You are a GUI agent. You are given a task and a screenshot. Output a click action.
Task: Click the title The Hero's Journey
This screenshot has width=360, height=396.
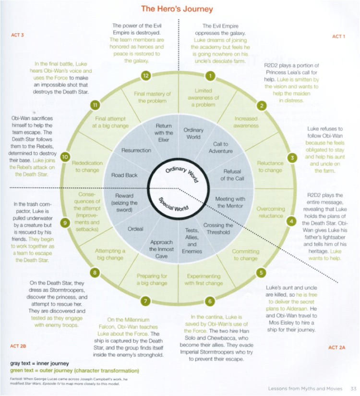(177, 9)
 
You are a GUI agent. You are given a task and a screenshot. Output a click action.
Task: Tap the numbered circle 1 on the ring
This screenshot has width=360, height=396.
(210, 75)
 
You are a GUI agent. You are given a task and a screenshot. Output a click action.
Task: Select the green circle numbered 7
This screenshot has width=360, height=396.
(145, 301)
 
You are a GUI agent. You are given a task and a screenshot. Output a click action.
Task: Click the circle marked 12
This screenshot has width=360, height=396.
(146, 75)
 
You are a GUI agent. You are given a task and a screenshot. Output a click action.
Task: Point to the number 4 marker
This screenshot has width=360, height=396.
(291, 222)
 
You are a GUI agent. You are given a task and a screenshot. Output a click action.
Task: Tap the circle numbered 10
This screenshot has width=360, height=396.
(65, 157)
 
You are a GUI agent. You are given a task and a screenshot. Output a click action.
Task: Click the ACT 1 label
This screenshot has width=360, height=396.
(338, 37)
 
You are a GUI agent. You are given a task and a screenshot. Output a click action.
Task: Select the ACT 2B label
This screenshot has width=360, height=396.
(18, 346)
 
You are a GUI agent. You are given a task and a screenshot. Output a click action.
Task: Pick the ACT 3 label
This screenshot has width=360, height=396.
(17, 35)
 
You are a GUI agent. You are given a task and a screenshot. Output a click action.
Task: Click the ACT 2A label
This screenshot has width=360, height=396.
(336, 347)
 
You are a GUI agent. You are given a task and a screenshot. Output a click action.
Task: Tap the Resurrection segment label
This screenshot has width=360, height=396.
(136, 150)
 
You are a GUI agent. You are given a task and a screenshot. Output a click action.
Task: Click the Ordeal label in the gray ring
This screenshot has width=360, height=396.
(135, 229)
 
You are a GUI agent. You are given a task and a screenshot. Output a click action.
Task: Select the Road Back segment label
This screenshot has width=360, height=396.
(124, 175)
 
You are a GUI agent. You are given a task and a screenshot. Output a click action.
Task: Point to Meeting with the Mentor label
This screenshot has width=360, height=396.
(230, 202)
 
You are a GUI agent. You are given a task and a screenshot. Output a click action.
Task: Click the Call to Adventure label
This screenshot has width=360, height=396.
(220, 148)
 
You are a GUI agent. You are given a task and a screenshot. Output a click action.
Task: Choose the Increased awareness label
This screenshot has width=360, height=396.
(246, 122)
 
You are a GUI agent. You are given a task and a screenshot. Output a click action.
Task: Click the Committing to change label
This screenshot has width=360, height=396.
(245, 255)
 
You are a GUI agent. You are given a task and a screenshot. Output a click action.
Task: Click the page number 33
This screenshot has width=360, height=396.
(353, 388)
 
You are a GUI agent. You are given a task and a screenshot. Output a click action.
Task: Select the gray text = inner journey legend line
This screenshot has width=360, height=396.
(39, 363)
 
